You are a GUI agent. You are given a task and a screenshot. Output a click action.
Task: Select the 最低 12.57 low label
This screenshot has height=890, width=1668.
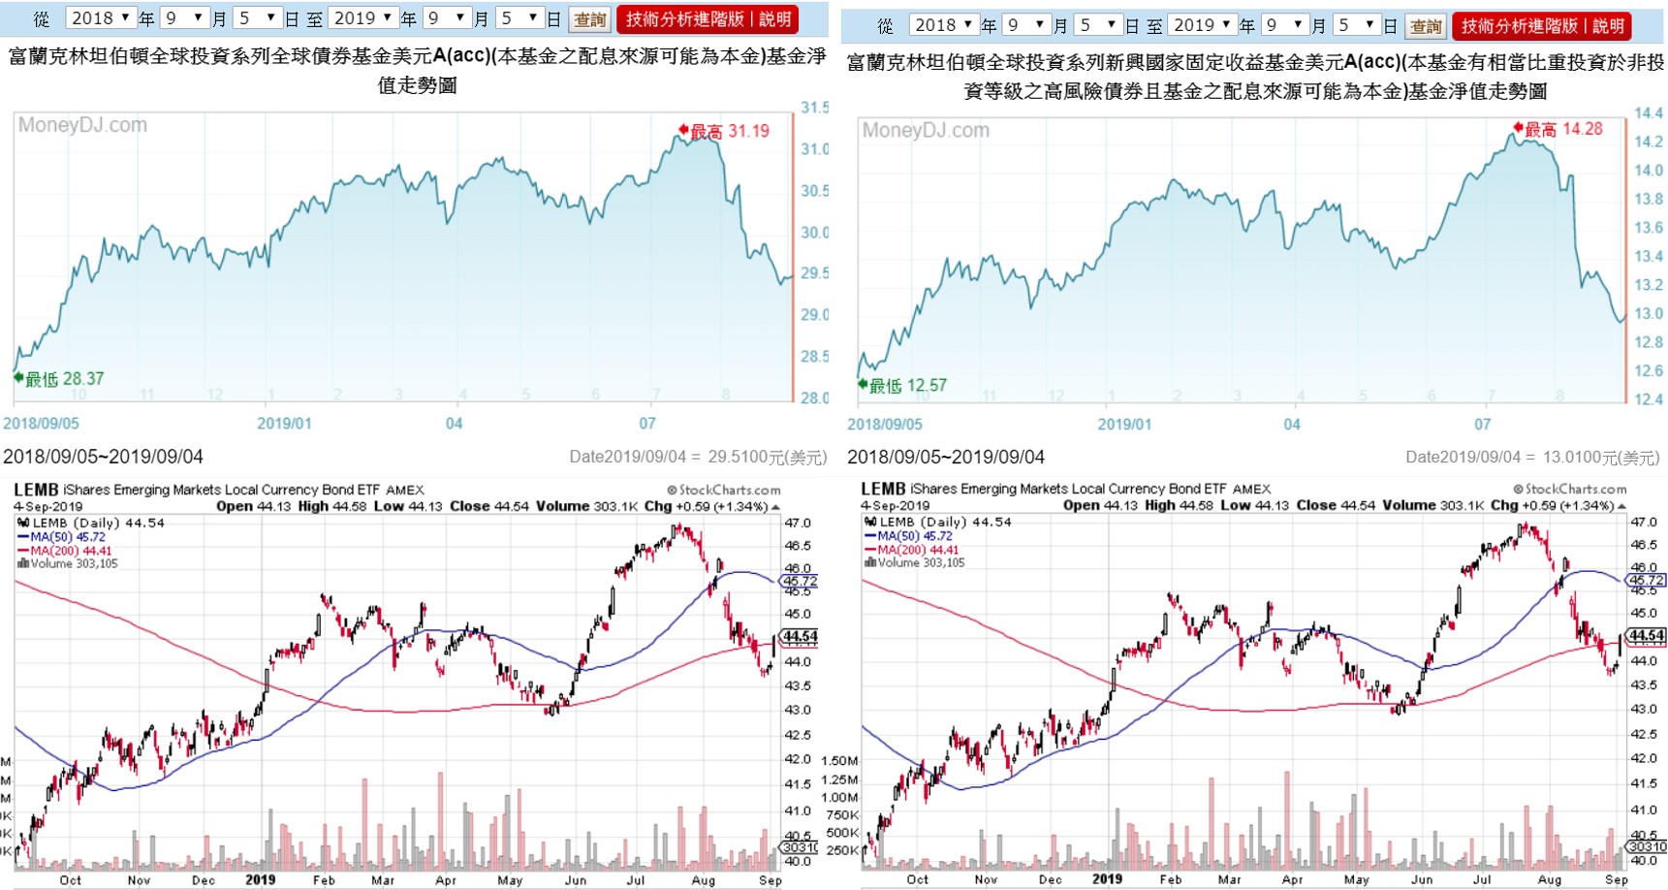click(x=907, y=386)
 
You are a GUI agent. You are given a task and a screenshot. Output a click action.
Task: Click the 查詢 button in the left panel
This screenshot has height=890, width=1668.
click(x=589, y=19)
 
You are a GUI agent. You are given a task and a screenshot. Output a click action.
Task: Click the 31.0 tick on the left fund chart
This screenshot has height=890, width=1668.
click(x=814, y=149)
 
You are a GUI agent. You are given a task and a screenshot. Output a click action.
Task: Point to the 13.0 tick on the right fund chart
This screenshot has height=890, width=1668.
click(x=1648, y=314)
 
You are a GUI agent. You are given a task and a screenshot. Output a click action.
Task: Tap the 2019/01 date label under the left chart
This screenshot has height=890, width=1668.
click(x=284, y=424)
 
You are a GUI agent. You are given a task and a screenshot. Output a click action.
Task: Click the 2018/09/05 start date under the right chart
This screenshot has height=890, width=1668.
click(x=884, y=425)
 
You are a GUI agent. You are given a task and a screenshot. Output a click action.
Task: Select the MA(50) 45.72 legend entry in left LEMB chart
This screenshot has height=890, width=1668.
click(x=67, y=537)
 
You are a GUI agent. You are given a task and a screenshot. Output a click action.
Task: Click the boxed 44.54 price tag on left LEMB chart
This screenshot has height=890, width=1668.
click(x=800, y=637)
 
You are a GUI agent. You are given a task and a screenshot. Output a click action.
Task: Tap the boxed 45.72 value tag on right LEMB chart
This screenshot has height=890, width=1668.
click(x=1647, y=580)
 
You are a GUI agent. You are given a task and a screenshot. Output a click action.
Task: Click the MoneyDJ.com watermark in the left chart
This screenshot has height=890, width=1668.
click(x=82, y=125)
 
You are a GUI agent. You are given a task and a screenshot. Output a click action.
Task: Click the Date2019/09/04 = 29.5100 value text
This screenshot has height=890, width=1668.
click(x=698, y=457)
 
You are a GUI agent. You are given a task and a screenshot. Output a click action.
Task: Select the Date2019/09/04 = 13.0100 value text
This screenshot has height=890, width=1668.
click(x=1532, y=458)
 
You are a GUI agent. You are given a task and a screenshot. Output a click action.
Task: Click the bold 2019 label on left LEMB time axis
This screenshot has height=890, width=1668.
click(x=260, y=880)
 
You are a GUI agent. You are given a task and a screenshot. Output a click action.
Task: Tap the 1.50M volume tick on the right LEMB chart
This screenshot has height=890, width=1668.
click(x=839, y=761)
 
